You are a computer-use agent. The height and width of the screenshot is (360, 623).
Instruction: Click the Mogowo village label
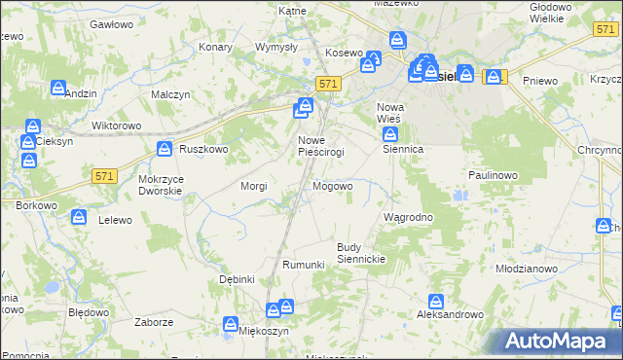point(332,186)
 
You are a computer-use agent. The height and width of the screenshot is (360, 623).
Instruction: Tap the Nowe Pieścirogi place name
point(318,147)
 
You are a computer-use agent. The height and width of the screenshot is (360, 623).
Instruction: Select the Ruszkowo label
point(203,149)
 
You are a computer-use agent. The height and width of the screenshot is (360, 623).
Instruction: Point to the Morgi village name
point(254,186)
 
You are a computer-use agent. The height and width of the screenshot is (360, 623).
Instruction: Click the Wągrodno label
point(409,217)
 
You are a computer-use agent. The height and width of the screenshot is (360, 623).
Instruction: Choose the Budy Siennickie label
point(362,253)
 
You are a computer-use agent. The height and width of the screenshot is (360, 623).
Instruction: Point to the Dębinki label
point(237,279)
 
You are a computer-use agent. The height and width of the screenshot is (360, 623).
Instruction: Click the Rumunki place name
point(302,265)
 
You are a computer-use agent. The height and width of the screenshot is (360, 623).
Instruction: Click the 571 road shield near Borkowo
point(106,175)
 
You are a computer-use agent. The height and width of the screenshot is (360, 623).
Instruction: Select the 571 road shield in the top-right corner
point(604,30)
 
